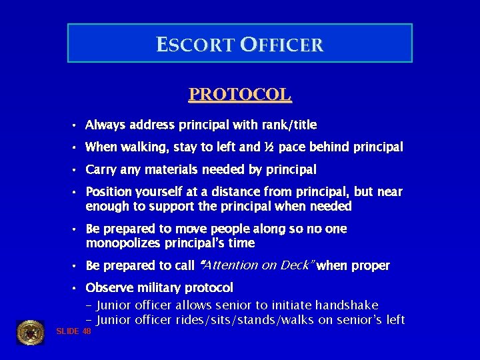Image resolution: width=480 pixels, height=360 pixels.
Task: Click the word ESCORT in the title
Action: (196, 45)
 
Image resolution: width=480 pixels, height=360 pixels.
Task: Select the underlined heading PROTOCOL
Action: (240, 94)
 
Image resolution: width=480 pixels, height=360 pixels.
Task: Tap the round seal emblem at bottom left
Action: (30, 332)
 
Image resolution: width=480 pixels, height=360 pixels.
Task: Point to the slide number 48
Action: (87, 331)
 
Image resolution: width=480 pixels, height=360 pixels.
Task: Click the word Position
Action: (109, 192)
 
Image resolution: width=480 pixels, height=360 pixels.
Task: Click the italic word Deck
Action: (297, 265)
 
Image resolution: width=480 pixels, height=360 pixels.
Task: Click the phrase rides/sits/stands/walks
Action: (243, 320)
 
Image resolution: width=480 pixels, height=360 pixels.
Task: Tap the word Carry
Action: (101, 169)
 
